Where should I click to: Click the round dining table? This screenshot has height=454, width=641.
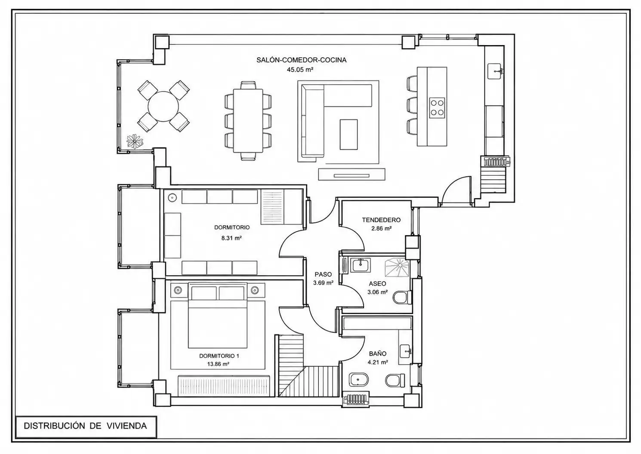tap(163, 106)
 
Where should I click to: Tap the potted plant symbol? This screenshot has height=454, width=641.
tap(135, 141)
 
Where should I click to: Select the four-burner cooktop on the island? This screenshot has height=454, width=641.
tap(437, 107)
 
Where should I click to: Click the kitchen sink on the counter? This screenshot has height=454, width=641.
tap(494, 71)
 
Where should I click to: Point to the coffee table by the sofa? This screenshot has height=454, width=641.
tap(348, 135)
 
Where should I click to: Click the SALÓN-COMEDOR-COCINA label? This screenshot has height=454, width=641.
tap(301, 60)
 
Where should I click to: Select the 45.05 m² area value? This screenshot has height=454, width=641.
tap(300, 70)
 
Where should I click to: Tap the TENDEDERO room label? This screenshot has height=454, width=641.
tap(381, 220)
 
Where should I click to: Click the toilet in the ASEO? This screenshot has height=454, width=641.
tap(402, 298)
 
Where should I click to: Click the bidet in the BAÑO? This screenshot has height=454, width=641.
tap(359, 380)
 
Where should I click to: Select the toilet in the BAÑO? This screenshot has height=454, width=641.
tap(395, 380)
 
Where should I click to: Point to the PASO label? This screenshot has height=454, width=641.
tap(323, 274)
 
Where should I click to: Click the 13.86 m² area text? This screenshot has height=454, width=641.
tap(218, 364)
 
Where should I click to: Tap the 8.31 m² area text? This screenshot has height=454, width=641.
tap(231, 238)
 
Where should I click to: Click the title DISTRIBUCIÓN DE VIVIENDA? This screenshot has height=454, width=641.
tap(85, 426)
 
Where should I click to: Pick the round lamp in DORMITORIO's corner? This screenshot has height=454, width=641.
tap(172, 197)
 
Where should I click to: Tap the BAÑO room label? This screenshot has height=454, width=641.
tap(377, 354)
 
